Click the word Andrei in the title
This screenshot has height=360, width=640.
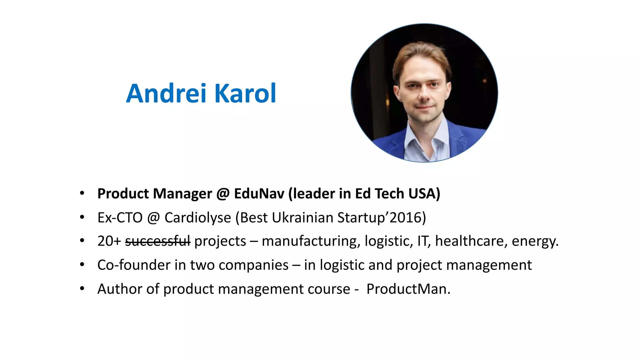[x=166, y=93]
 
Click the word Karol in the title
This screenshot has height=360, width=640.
[x=245, y=93]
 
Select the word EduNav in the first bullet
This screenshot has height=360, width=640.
[x=259, y=194]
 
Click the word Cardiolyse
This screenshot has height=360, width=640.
[x=197, y=217]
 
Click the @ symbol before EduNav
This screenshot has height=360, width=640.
[x=223, y=194]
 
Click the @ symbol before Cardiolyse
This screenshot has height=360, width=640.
[x=153, y=217]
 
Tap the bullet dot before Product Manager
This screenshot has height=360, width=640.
[x=82, y=193]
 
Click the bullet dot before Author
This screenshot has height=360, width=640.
[x=82, y=288]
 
